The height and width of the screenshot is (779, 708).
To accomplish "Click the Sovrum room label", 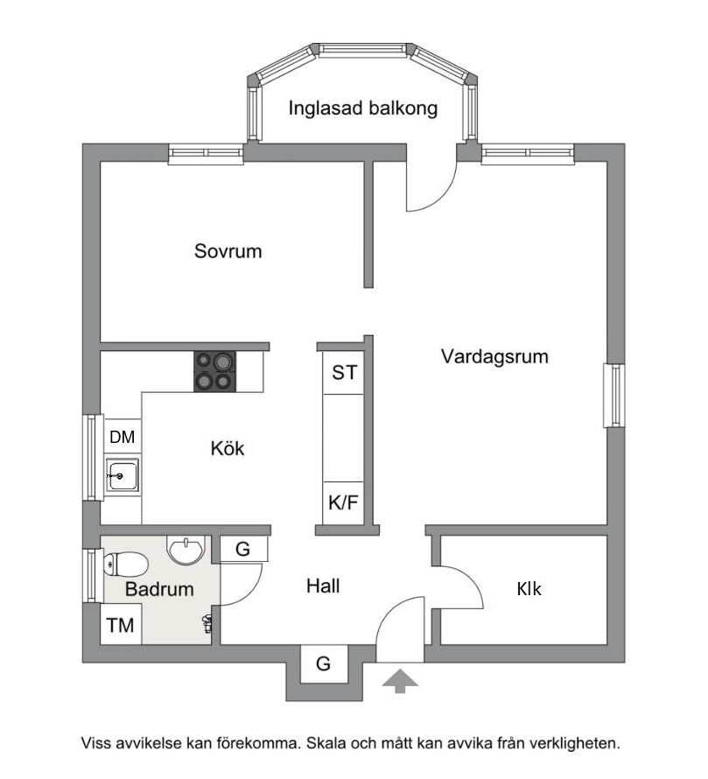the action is pos(228,251).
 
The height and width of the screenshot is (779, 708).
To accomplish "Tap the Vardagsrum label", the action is pos(494,357).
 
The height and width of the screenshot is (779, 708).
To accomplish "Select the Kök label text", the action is pos(228,449).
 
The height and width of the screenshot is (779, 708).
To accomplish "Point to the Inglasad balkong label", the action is pos(362,109).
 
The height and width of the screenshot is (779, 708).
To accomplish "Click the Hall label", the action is pos(323,586).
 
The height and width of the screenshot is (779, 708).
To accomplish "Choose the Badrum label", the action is pos(159,589).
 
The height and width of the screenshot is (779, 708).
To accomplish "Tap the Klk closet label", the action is pos(529,589).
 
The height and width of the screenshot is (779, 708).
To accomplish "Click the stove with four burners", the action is pos(214,371).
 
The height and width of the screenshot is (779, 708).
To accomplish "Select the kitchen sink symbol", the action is pos(122,474).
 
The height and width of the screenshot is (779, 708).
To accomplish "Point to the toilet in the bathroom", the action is pos(125,565).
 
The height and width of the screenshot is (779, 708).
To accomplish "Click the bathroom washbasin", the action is pos(186,550).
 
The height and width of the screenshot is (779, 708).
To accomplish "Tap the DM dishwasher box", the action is pos(123,437).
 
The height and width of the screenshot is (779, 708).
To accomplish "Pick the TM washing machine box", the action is pos(121,625).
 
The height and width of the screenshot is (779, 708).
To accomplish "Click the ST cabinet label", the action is pos(344,373).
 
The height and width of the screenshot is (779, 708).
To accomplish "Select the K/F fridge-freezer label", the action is pos(343,502).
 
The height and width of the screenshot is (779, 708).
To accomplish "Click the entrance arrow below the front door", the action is pos(400,681).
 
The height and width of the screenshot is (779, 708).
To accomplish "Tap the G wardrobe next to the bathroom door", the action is pos(243,549).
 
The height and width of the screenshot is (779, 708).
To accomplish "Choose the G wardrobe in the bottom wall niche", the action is pos(324,663).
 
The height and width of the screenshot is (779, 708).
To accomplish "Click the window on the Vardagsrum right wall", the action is pos(614,396).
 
